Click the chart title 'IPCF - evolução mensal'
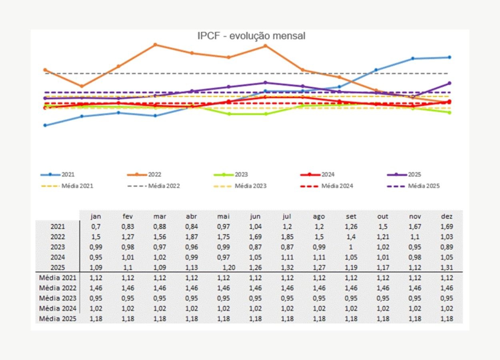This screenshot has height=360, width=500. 251,36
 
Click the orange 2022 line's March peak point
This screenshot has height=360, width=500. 155,44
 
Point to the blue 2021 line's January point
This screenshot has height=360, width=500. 45,125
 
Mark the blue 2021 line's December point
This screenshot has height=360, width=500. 450,57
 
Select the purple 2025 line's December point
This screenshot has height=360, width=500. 450,83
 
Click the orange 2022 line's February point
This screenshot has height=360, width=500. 82,86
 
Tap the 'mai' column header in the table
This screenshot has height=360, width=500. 223,216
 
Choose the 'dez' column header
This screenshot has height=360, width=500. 447,216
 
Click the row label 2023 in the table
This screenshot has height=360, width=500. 58,247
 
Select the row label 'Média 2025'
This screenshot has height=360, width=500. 58,319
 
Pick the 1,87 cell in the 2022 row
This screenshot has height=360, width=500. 191,237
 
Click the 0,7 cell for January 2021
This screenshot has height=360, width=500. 96,227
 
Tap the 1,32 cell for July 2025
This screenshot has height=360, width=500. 287,268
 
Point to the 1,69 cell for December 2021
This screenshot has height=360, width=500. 447,227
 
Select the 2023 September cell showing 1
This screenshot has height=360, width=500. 351,247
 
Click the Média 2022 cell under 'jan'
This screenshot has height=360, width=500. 96,288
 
